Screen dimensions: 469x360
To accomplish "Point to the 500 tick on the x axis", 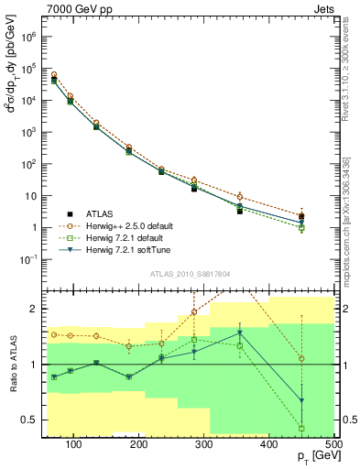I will point(333,443).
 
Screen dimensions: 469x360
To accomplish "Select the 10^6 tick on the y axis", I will point(35,38).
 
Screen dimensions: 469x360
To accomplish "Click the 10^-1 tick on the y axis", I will point(35,260).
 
